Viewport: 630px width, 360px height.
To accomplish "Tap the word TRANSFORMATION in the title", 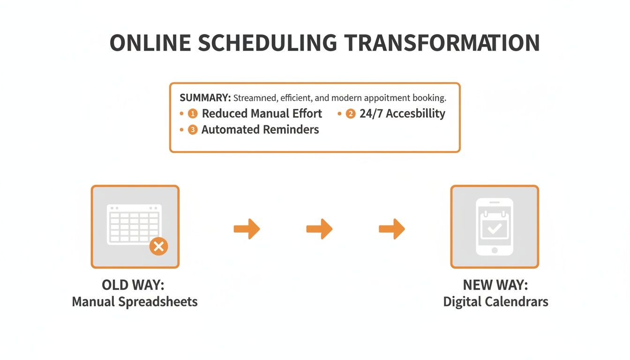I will pos(442,43).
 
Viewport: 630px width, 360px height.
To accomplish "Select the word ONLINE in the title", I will pos(150,43).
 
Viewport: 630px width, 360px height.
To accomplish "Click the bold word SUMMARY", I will pos(205,98).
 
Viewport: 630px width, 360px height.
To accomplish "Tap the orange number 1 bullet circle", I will pos(193,114).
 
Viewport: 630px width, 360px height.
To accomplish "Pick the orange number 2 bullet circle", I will pos(351,114).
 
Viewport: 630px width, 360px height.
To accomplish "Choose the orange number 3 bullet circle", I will pos(193,130).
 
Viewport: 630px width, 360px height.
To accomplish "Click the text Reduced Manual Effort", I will pos(262,114).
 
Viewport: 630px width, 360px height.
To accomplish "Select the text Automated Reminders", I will pos(260,130).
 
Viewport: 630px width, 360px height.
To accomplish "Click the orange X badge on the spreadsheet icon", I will pos(158,246).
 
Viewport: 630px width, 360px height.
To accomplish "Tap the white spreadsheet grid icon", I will pos(133,224).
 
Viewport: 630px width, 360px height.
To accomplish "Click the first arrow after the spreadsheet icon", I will pos(247,229).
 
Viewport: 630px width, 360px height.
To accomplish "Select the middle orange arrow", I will pos(319,229).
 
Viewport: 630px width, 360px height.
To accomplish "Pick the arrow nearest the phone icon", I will pos(392,229).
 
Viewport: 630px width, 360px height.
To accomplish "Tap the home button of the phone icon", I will pos(495,251).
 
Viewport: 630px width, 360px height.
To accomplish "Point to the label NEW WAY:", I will pos(495,285).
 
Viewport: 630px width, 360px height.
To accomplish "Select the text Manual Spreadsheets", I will pos(135,301).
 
